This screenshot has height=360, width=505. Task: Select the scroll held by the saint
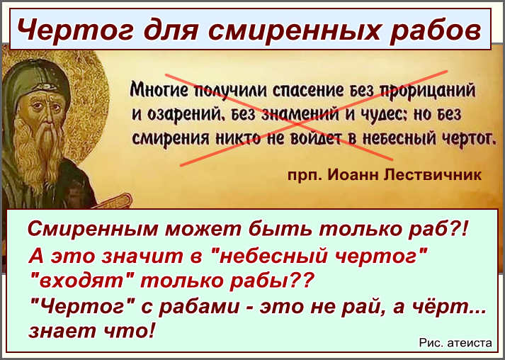click(116, 201)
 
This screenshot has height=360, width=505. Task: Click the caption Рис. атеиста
click(455, 343)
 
